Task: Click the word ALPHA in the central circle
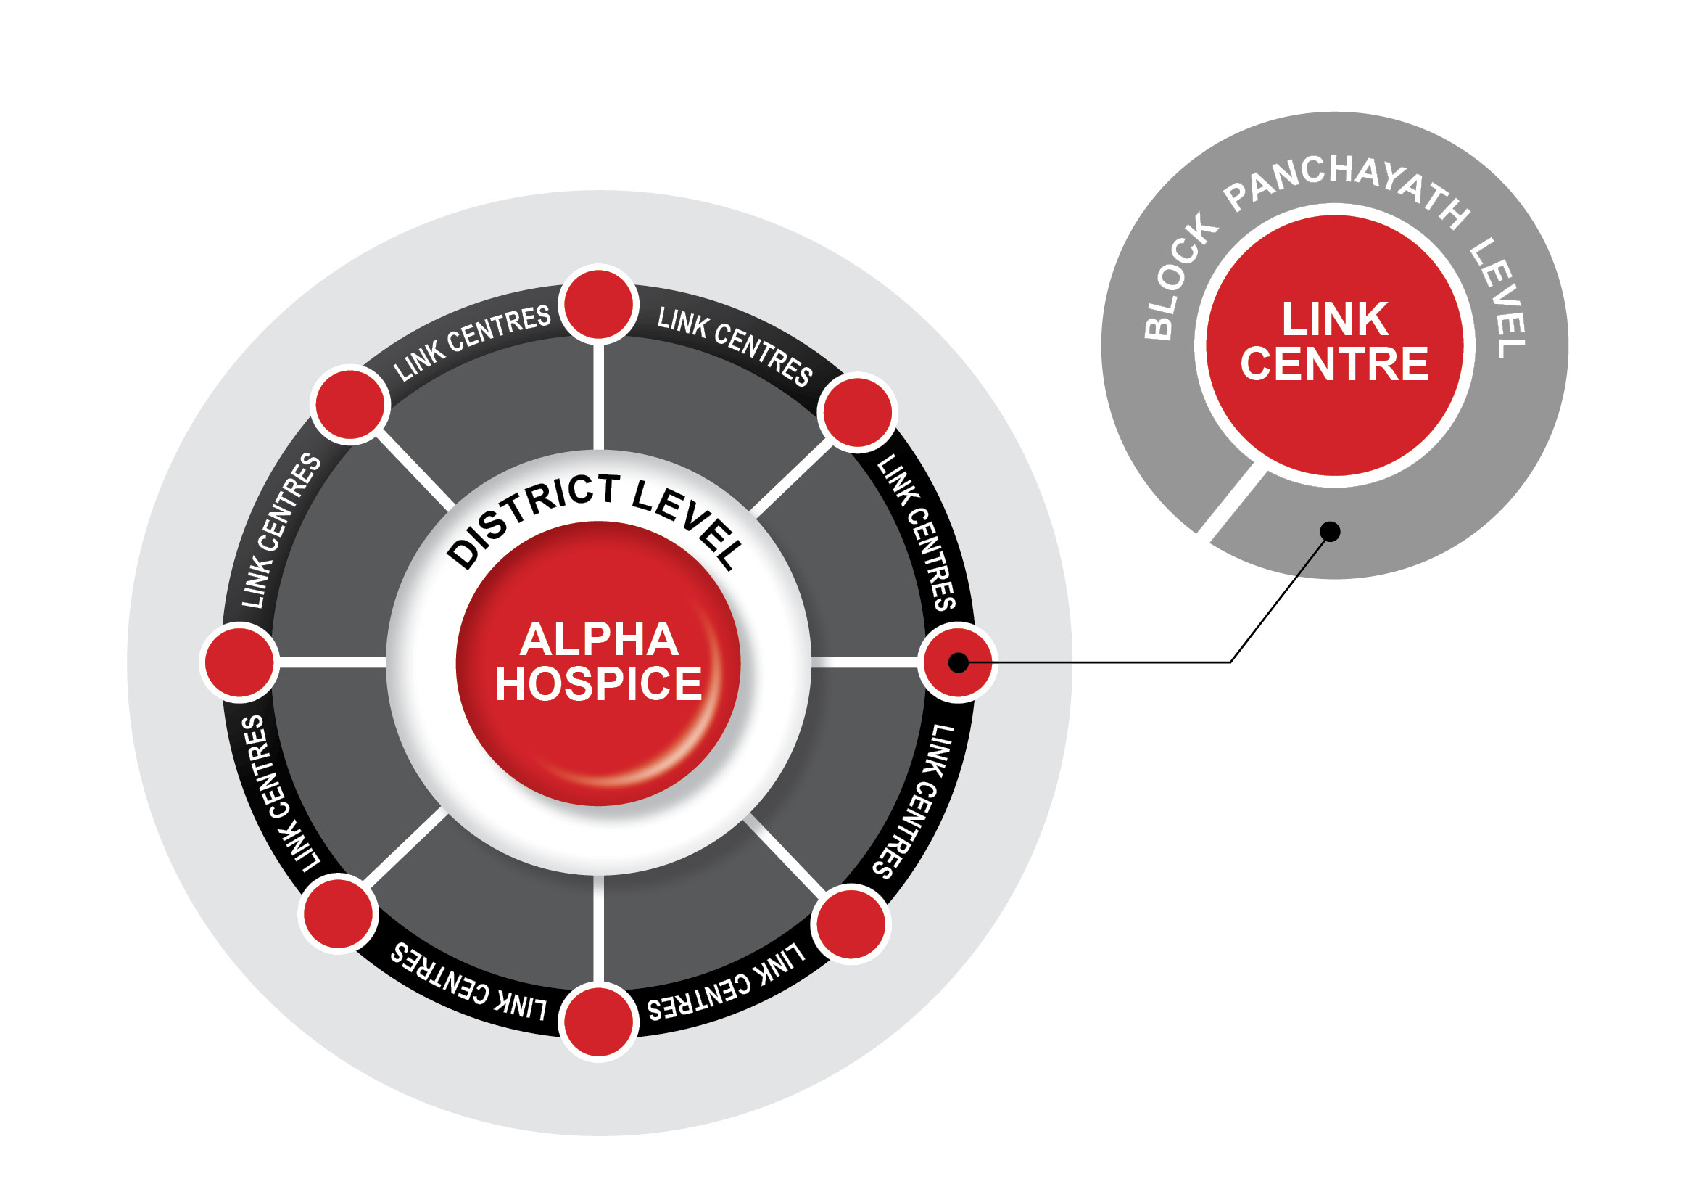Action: [598, 640]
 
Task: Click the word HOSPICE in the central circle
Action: [598, 684]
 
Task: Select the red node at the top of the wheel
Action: [598, 305]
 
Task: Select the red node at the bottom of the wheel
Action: [598, 1022]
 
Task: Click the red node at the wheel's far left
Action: [239, 663]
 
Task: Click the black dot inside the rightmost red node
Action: [958, 663]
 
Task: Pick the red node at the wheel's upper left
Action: [349, 405]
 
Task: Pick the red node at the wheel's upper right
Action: [857, 412]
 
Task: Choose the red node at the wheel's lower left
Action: [339, 914]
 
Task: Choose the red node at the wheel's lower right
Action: [851, 924]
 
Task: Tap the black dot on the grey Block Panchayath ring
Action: [1330, 532]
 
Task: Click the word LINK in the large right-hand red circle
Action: [1335, 319]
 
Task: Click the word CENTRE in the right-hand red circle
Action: [1335, 364]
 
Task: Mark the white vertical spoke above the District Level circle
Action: [598, 396]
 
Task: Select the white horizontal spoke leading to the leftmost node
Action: [332, 663]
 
